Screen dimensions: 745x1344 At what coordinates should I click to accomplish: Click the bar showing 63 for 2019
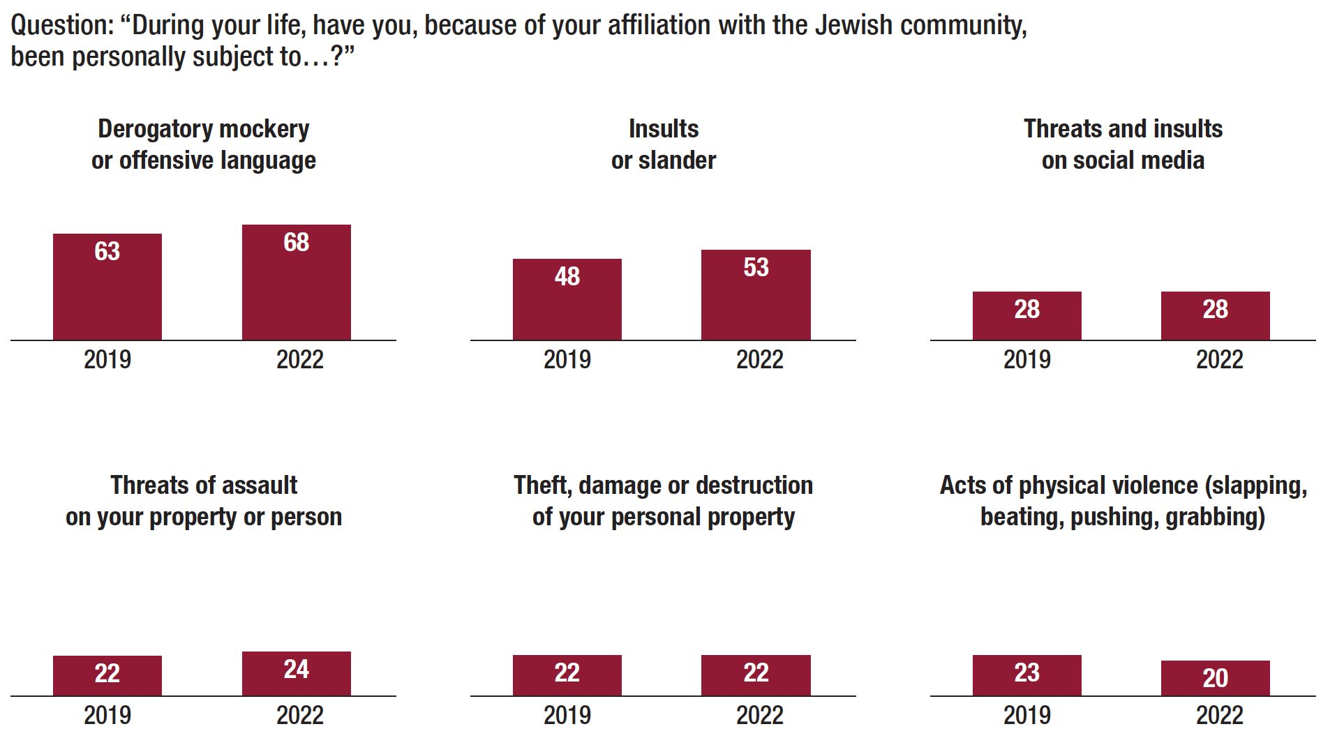pos(107,287)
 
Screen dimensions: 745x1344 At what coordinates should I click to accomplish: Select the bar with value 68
pos(297,283)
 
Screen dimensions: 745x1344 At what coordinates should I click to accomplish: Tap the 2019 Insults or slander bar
pos(567,299)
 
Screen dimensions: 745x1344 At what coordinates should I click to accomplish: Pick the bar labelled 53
pos(756,295)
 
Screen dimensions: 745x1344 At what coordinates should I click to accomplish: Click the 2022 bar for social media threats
pos(1216,315)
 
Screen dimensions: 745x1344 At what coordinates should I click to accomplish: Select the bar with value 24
pos(297,673)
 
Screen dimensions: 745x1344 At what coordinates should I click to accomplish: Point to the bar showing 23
pos(1027,675)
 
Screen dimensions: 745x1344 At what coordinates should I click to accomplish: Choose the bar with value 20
pos(1216,678)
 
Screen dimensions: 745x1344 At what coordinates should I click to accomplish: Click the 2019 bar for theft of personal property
pos(567,675)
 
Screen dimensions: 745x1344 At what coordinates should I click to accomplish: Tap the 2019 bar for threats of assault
pos(107,675)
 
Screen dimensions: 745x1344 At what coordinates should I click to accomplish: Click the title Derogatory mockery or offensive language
pos(204,144)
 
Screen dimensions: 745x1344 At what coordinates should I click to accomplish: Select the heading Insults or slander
pos(664,144)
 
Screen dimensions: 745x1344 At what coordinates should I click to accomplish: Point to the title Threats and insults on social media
pos(1123,144)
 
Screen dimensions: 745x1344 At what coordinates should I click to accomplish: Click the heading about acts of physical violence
pos(1123,501)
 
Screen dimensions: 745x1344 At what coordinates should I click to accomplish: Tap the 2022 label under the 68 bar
pos(300,360)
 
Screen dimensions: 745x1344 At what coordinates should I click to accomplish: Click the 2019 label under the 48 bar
pos(567,360)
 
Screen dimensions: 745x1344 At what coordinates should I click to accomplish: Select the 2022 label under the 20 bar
pos(1220,716)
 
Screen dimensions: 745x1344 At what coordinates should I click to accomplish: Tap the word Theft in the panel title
pos(542,486)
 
